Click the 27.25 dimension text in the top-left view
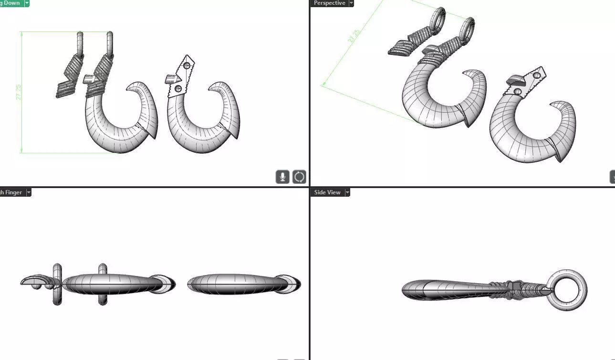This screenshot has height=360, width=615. [19, 92]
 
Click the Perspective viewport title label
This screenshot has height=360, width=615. [329, 3]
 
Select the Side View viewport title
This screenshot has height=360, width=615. [327, 192]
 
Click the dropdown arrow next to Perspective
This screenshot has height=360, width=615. [352, 3]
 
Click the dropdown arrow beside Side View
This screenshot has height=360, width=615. [347, 192]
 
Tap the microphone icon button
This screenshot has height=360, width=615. [282, 177]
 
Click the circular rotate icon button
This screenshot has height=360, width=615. [299, 177]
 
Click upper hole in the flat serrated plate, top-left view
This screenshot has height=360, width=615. [187, 66]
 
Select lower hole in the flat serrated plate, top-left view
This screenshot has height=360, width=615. [178, 88]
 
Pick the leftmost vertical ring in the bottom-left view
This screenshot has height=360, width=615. [57, 284]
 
